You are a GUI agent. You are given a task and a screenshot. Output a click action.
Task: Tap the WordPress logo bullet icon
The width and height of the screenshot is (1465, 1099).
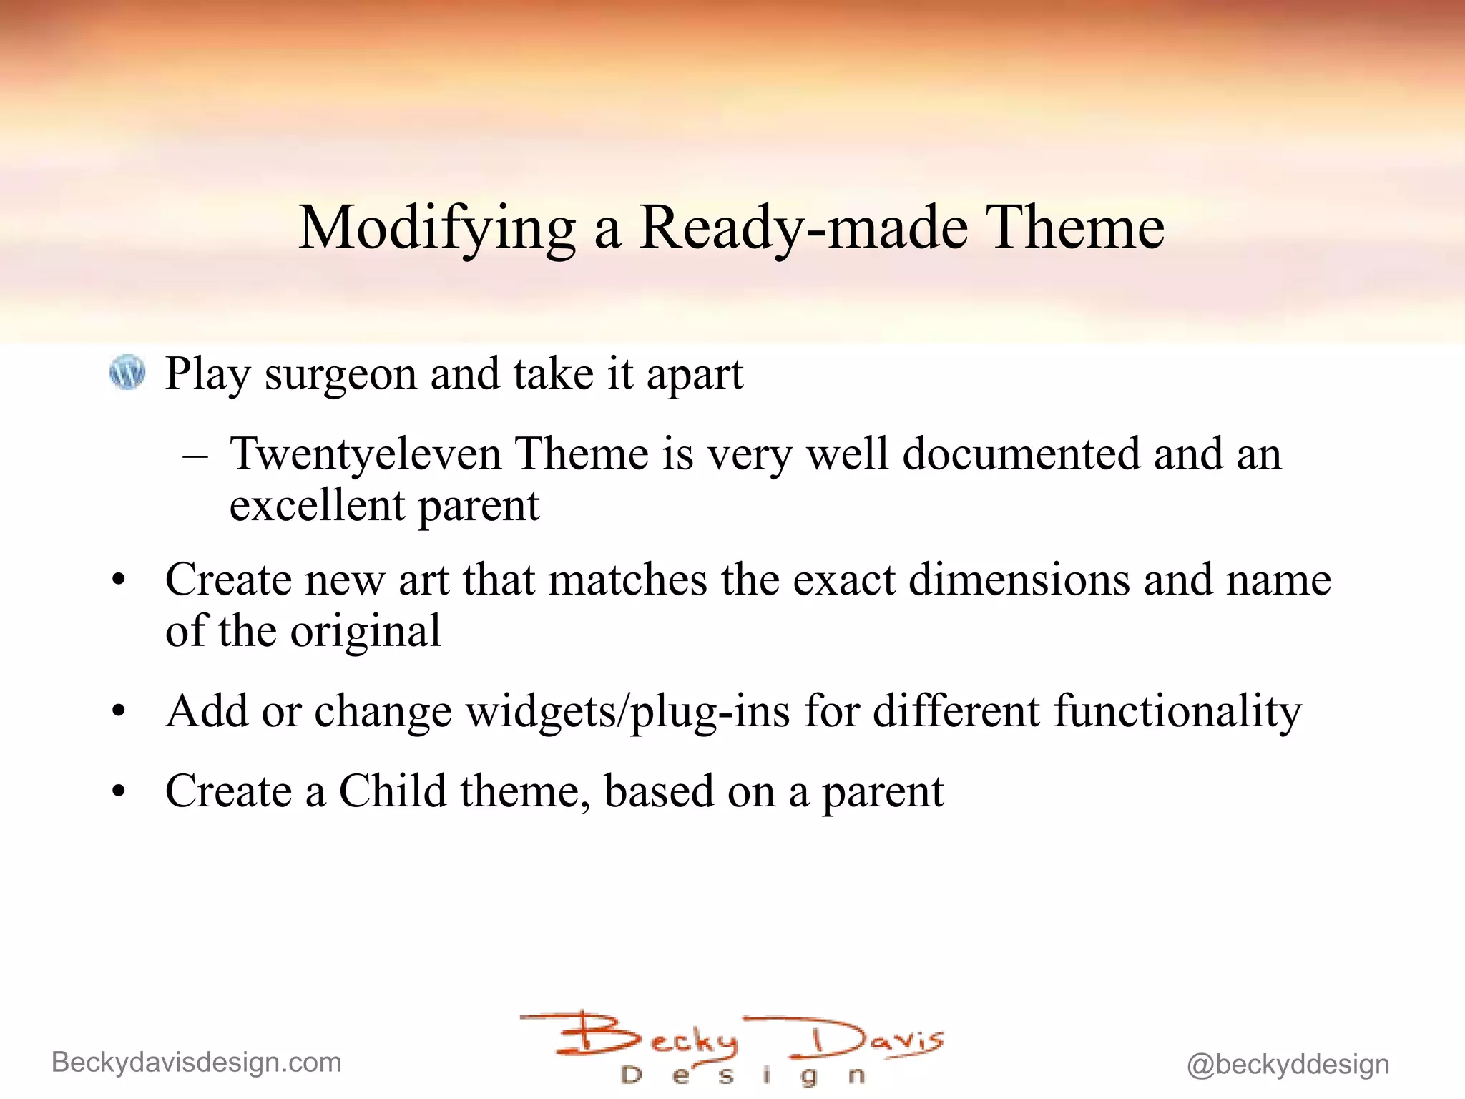tap(127, 373)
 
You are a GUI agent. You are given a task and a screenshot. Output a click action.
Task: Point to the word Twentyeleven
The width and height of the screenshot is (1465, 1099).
tap(366, 455)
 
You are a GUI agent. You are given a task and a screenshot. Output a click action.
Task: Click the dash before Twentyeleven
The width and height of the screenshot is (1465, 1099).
tap(195, 455)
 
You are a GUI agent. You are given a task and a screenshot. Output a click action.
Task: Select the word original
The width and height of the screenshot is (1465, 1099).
tap(366, 631)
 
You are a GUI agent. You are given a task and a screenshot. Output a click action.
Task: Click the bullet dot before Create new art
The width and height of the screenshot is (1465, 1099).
tap(119, 580)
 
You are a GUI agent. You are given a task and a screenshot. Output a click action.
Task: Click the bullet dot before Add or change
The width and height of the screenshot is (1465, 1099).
tap(119, 712)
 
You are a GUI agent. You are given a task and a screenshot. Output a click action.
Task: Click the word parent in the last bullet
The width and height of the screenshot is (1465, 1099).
tap(883, 793)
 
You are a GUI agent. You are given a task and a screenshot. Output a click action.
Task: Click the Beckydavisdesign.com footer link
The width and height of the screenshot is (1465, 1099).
tap(197, 1063)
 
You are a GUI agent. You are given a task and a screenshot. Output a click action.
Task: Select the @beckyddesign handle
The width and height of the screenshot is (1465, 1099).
tap(1288, 1065)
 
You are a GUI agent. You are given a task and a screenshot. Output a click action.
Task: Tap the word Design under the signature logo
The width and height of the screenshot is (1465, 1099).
tap(744, 1075)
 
